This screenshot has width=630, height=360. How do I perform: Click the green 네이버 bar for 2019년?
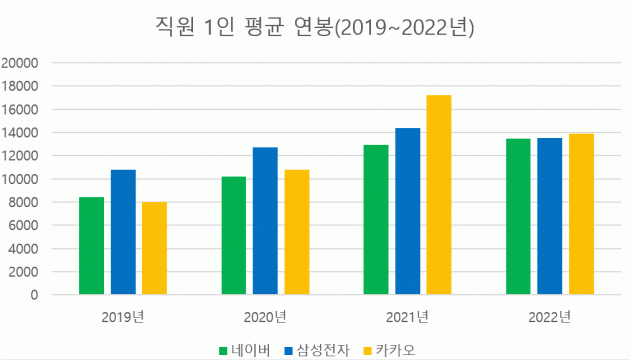point(92,246)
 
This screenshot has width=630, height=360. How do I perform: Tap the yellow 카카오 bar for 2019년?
point(154,248)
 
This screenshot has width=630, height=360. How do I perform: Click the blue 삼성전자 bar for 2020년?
point(265,221)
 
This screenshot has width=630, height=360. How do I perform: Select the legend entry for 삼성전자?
point(318,349)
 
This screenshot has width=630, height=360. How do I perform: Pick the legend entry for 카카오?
point(393,349)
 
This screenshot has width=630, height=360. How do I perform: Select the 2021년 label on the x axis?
point(407,318)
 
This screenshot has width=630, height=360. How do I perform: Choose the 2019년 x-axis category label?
point(123,318)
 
